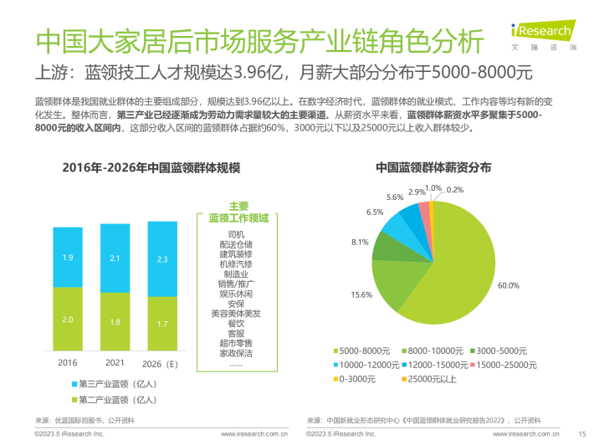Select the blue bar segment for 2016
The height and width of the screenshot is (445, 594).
tap(69, 258)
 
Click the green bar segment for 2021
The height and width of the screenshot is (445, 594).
tap(115, 321)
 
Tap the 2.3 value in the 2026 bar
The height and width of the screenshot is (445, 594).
tap(161, 259)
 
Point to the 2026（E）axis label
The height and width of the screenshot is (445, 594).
tap(161, 363)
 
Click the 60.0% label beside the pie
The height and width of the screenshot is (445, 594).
tap(509, 285)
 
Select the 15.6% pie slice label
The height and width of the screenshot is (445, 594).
tap(361, 294)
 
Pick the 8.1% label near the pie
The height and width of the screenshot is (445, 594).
tap(360, 242)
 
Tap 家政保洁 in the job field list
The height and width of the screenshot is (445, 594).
tap(235, 354)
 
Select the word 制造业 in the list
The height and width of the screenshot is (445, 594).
tap(235, 273)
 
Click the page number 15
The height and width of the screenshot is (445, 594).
tap(581, 433)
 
